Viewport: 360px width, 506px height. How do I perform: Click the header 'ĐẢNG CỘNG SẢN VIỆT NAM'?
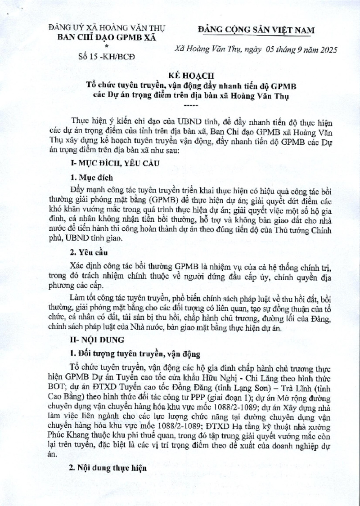click(256, 30)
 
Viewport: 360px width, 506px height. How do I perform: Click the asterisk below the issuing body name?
click(107, 46)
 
